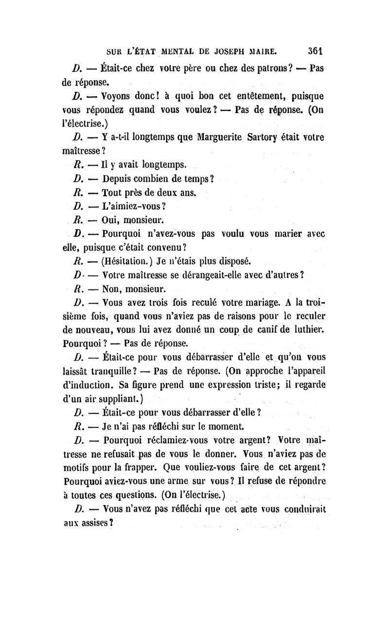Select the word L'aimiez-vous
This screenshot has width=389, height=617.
tap(134, 206)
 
